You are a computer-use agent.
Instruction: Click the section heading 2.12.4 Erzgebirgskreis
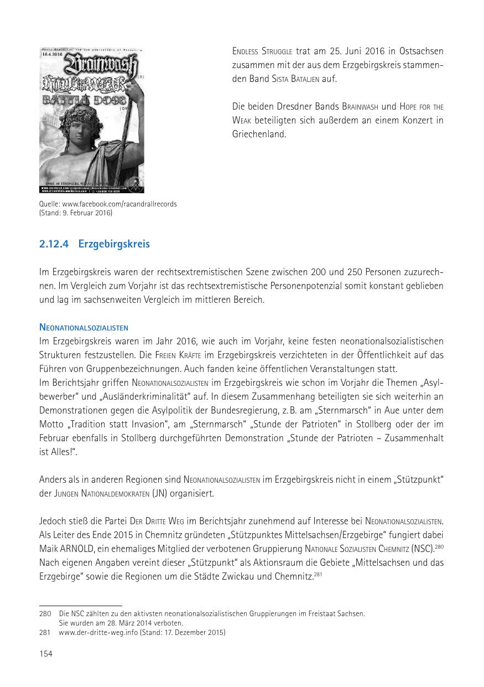(x=94, y=244)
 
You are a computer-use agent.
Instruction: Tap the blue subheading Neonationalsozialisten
(x=84, y=328)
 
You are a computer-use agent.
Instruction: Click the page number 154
(x=46, y=654)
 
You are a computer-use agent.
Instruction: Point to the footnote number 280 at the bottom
(x=45, y=613)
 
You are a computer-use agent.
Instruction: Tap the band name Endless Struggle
(x=263, y=51)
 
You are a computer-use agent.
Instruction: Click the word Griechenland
(x=259, y=133)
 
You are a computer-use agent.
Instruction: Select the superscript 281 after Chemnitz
(x=318, y=574)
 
